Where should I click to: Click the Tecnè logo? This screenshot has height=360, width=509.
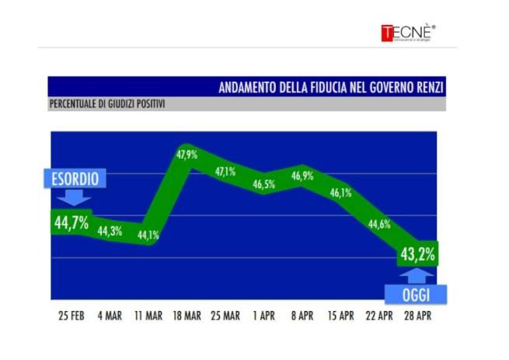(408, 33)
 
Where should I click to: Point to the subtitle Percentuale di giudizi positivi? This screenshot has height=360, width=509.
(108, 103)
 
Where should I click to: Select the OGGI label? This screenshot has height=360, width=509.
(416, 295)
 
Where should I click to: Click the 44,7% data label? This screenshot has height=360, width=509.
(71, 223)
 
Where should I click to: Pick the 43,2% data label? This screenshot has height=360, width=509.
(417, 254)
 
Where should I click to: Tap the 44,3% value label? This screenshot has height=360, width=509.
(110, 231)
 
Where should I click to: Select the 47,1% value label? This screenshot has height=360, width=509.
(225, 172)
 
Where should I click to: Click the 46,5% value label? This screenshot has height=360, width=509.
(263, 184)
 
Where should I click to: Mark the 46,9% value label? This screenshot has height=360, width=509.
(302, 176)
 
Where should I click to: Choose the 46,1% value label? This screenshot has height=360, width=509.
(340, 192)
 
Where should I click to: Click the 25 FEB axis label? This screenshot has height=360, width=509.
(71, 317)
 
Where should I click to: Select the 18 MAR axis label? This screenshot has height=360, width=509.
(185, 317)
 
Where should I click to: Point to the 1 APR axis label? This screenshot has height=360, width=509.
(263, 317)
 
